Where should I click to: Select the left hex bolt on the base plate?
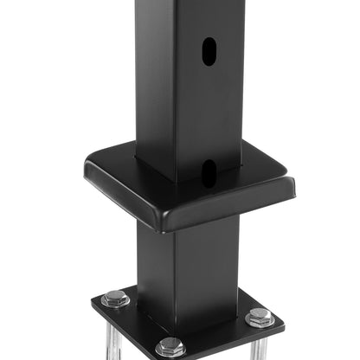115,299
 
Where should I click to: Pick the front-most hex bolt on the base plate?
170,346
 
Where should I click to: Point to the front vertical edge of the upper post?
175,87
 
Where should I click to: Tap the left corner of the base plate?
93,304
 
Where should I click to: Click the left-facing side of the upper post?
154,78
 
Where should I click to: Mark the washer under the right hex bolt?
259,322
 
